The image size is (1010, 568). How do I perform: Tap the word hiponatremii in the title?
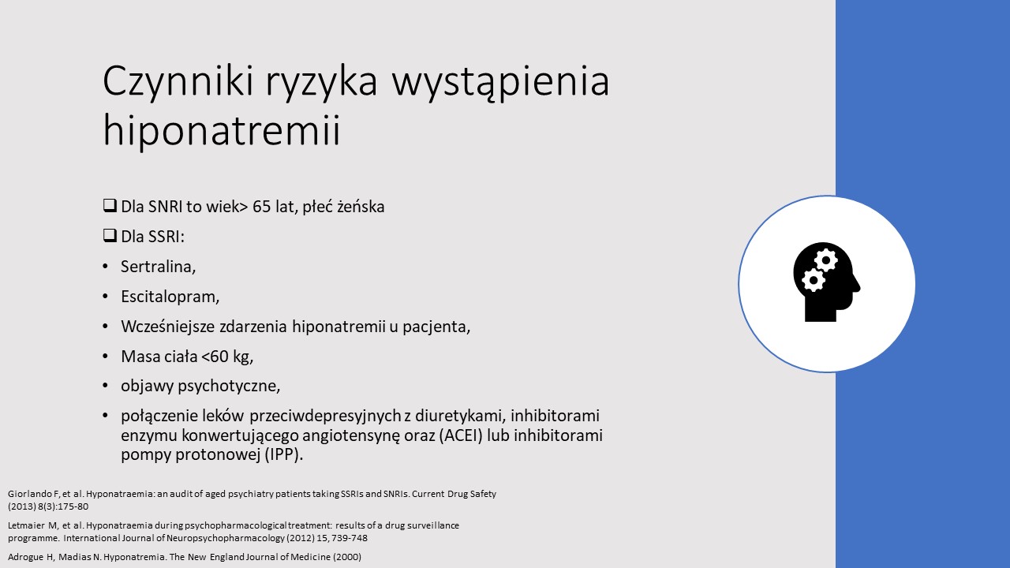[x=221, y=131]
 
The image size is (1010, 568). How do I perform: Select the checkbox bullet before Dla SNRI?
[x=110, y=206]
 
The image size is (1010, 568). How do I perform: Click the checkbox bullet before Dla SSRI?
[x=110, y=235]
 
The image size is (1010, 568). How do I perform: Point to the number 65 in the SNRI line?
[x=261, y=207]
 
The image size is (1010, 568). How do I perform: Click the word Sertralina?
[x=158, y=267]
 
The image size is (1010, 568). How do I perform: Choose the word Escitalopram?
[x=170, y=297]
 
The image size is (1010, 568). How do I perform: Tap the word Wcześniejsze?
[x=167, y=327]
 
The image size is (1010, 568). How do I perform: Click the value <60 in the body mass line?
[x=215, y=357]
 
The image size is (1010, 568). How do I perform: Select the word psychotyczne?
[x=229, y=386]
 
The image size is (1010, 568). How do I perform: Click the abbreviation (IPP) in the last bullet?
[x=283, y=454]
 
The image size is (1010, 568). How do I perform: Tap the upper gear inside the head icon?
[x=825, y=260]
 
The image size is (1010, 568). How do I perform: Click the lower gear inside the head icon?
[x=814, y=280]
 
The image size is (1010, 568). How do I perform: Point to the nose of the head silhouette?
[x=858, y=286]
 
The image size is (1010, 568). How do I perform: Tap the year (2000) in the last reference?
[x=347, y=557]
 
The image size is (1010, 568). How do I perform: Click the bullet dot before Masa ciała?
[x=106, y=357]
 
